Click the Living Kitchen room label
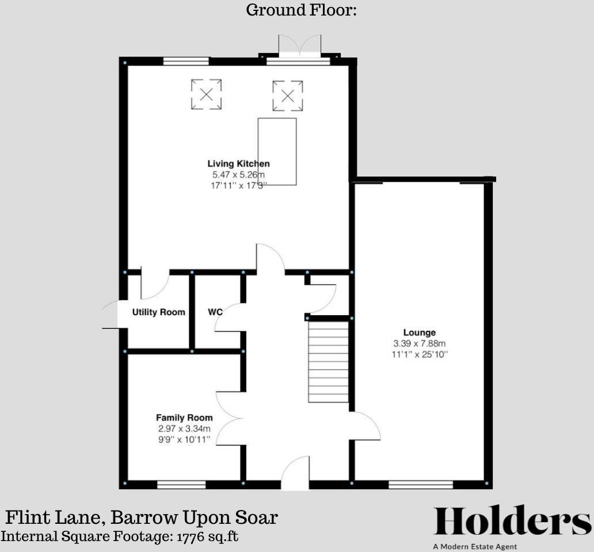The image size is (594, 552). (x=238, y=164)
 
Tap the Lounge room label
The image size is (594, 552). (x=419, y=332)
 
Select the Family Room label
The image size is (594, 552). (x=184, y=418)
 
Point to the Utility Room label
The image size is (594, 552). (x=159, y=312)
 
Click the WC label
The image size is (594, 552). (x=215, y=312)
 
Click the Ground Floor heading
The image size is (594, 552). (x=302, y=10)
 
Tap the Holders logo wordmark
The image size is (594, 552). (x=512, y=522)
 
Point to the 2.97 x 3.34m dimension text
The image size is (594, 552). (x=184, y=429)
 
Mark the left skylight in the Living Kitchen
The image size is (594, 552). (x=206, y=94)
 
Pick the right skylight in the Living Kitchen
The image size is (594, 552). (x=287, y=95)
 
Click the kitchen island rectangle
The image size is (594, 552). (x=277, y=151)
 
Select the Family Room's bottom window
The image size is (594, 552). (x=181, y=485)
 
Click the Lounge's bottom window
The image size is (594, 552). (x=420, y=485)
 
